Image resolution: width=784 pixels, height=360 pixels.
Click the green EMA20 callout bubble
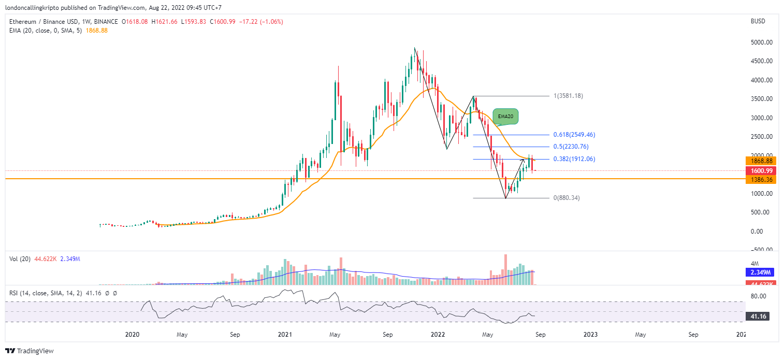[505, 117]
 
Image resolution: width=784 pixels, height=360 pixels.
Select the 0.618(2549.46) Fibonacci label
[575, 135]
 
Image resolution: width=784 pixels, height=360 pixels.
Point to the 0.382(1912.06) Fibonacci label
[575, 159]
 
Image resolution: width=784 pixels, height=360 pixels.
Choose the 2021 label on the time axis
[284, 335]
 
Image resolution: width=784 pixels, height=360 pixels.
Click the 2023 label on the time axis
[590, 335]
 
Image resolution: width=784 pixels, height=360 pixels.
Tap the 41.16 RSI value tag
[754, 315]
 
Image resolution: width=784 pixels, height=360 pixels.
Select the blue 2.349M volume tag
[756, 272]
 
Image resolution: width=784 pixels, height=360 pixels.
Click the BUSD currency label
[758, 22]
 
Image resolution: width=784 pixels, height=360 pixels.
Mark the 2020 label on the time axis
[133, 335]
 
